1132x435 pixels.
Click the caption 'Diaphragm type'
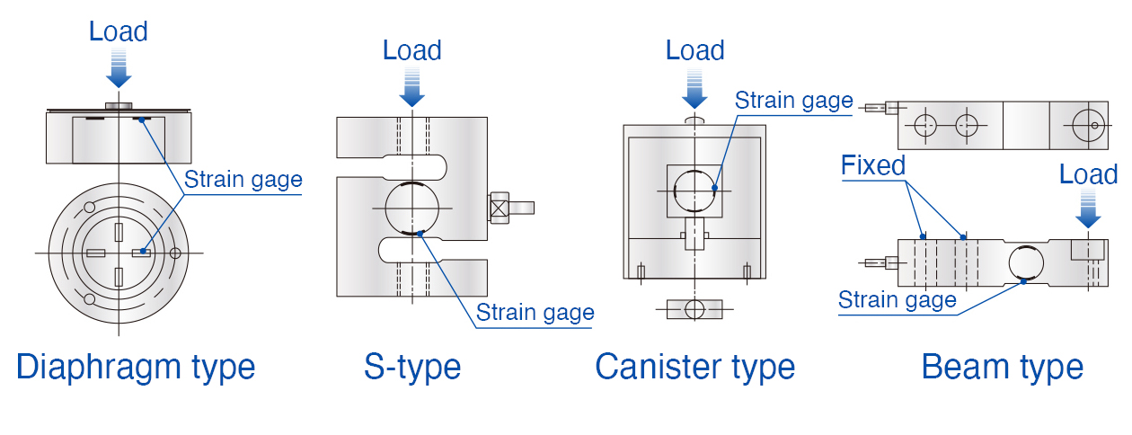click(136, 367)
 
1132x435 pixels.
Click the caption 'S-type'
click(412, 367)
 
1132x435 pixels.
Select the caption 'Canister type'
click(694, 367)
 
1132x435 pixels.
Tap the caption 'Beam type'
click(1002, 367)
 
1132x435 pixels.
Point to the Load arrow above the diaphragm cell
click(119, 68)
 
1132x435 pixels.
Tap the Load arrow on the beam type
click(1088, 209)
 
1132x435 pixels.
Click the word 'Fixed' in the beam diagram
click(872, 165)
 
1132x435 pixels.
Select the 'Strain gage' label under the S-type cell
click(535, 313)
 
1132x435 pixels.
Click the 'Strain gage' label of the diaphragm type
click(243, 180)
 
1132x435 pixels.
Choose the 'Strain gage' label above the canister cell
click(793, 100)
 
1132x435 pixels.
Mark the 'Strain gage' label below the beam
click(897, 300)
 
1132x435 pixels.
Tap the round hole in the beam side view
click(1026, 263)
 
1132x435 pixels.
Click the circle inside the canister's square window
click(694, 191)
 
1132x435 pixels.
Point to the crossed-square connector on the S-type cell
click(500, 207)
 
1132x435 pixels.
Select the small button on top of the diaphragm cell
click(119, 106)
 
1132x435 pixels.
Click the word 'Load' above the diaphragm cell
click(119, 31)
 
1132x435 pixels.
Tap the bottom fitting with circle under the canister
click(694, 309)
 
